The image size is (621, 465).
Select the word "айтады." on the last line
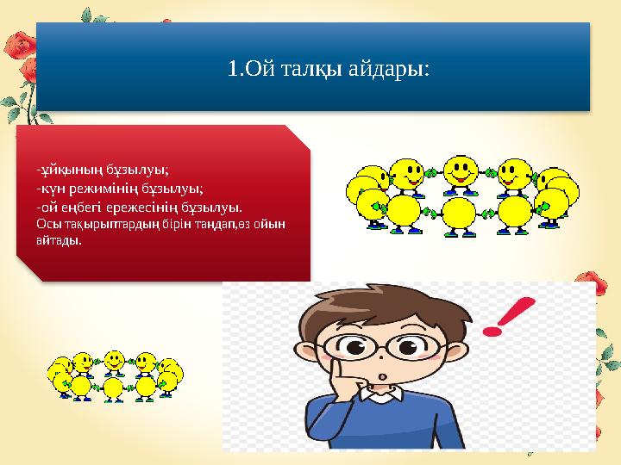pos(60,241)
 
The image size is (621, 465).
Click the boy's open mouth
pos(380,379)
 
